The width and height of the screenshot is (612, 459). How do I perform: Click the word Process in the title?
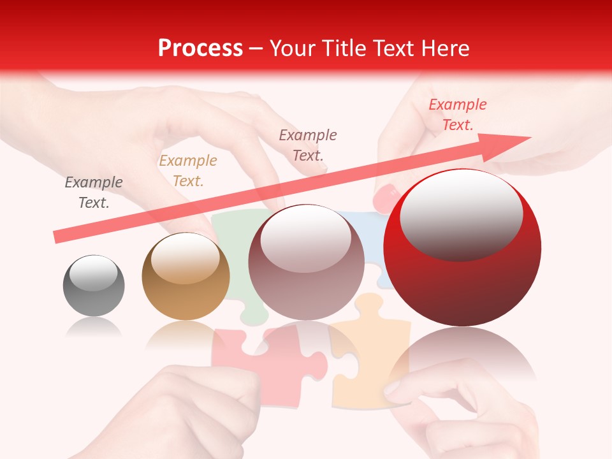pyautogui.click(x=200, y=48)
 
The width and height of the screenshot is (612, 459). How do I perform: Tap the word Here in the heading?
pyautogui.click(x=444, y=48)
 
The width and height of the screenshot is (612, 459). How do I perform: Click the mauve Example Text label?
pyautogui.click(x=308, y=145)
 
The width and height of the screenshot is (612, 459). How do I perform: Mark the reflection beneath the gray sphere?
pyautogui.click(x=94, y=328)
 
